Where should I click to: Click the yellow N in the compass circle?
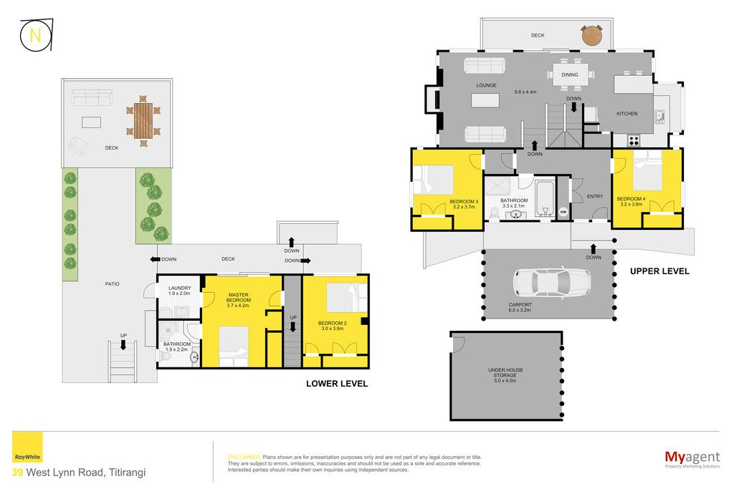(34, 35)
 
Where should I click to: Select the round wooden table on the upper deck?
(592, 36)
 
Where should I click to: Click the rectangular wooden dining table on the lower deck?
(143, 120)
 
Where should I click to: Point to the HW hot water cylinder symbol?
(563, 212)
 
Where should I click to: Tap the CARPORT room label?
(520, 304)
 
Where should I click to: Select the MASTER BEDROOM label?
(239, 297)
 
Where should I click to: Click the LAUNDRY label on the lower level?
(180, 288)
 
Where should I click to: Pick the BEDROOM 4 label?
(631, 199)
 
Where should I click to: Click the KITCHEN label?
(626, 114)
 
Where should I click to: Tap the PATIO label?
(113, 284)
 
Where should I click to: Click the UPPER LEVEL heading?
(659, 271)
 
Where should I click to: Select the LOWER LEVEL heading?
(337, 384)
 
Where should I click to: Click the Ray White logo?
(27, 447)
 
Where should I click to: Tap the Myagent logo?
(692, 459)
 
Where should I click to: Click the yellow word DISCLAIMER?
(244, 457)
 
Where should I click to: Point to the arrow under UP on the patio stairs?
(123, 344)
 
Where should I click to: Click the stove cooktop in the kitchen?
(634, 141)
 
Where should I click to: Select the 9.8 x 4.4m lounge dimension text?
(525, 92)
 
